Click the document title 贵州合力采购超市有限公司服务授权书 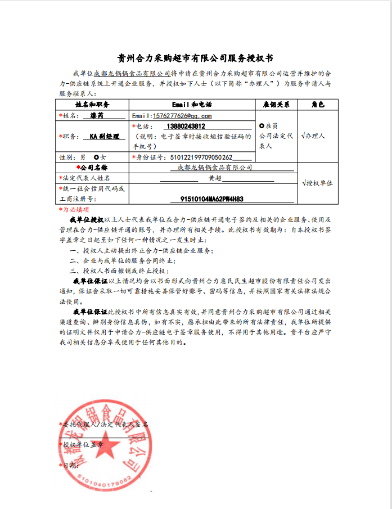coord(195,58)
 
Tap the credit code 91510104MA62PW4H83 coord(212,199)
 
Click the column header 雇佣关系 coord(276,105)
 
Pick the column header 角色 coord(318,105)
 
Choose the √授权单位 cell coord(317,183)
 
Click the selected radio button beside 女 coord(97,157)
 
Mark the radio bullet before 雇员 coord(261,126)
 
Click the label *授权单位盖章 coord(82,444)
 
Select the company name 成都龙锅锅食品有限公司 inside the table coord(214,168)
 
